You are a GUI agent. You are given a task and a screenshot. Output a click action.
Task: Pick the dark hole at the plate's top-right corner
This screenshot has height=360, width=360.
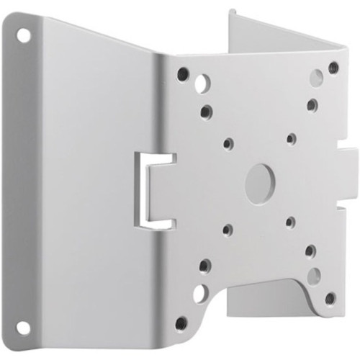pos(333,68)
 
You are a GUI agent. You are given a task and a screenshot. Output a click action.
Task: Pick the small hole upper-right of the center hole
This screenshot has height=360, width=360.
pos(291,137)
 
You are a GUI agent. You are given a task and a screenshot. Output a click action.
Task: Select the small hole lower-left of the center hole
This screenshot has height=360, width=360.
pos(227,230)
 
